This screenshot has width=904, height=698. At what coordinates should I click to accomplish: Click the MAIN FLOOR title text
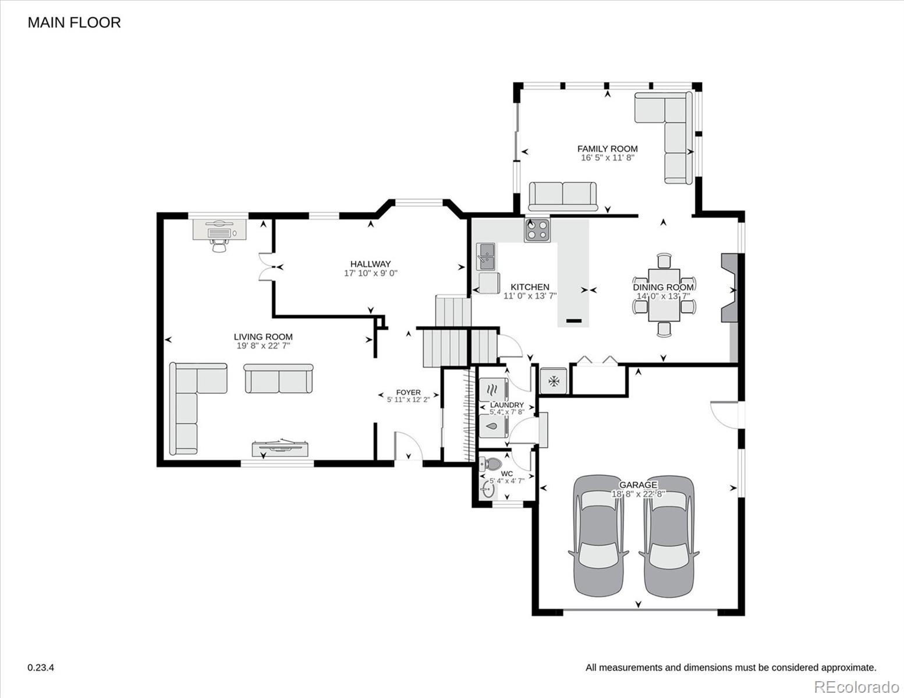tap(74, 23)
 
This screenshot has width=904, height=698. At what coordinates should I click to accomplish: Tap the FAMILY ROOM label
tap(607, 148)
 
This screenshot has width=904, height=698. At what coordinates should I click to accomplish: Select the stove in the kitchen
tap(537, 230)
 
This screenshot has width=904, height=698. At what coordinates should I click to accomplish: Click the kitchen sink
tap(485, 257)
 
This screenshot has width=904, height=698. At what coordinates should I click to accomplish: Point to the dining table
tap(664, 295)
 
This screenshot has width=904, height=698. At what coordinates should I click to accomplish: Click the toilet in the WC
tap(491, 463)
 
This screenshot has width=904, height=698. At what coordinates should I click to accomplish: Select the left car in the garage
tap(598, 536)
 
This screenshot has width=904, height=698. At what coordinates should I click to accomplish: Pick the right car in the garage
tap(669, 536)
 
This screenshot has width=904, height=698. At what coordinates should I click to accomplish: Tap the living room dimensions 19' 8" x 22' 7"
tap(263, 346)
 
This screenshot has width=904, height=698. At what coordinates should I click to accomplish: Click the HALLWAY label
tap(370, 263)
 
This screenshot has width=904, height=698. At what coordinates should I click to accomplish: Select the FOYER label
tap(408, 392)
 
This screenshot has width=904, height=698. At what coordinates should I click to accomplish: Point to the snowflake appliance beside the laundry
tap(554, 381)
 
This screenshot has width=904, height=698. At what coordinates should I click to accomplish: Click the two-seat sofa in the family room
tap(563, 196)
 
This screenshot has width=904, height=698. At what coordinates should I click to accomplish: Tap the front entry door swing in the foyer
tap(409, 446)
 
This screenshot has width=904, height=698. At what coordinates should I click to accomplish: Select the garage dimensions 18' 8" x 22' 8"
tap(638, 494)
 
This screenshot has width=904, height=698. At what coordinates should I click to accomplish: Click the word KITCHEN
tap(530, 287)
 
